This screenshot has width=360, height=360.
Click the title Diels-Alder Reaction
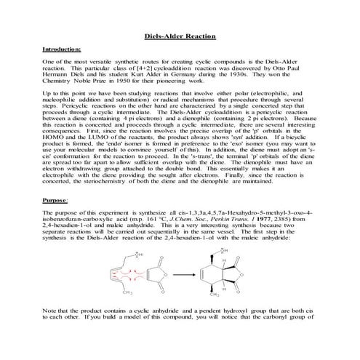[x=179, y=34]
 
